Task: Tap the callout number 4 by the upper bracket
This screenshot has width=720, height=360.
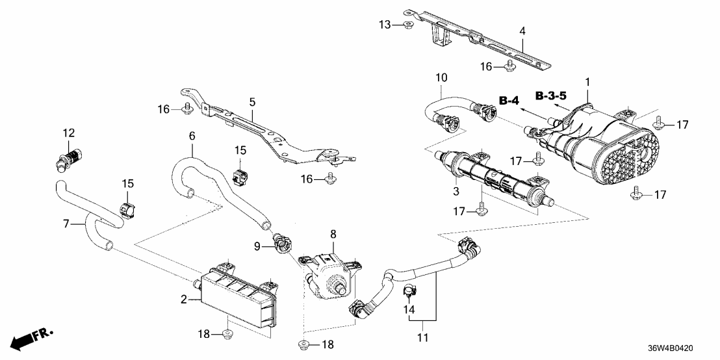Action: tap(522, 31)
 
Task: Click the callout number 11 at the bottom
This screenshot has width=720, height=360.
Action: tap(423, 337)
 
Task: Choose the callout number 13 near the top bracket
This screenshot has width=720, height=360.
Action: tap(384, 25)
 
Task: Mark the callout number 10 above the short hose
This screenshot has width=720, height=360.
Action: tap(441, 77)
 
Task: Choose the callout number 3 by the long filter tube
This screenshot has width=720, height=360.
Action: tap(457, 191)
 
